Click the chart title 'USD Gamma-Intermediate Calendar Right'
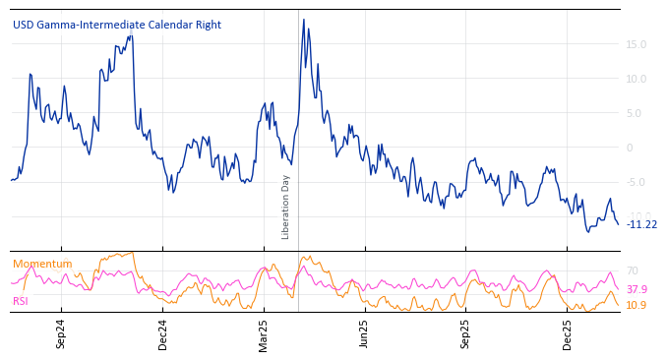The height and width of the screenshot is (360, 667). tap(117, 26)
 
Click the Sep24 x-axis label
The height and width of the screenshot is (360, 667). tap(61, 333)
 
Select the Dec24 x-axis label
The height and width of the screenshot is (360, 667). tap(163, 333)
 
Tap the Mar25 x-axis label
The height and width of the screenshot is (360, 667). tap(264, 333)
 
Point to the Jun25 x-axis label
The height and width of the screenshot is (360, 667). tap(364, 333)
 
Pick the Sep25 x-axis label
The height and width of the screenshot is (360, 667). tap(465, 333)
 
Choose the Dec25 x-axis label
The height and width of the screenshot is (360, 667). tap(568, 333)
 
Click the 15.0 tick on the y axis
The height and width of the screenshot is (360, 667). tap(636, 44)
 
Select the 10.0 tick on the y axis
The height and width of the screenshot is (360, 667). tap(636, 79)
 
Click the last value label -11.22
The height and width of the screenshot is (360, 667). tap(641, 224)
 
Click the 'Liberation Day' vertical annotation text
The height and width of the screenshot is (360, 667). tap(286, 207)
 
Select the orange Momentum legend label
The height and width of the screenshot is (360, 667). tap(42, 264)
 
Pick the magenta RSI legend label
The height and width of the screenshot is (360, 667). tap(21, 301)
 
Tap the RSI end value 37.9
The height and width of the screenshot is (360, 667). tap(637, 289)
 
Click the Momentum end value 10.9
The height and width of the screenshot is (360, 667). tap(637, 305)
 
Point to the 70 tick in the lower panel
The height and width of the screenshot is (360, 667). tap(632, 270)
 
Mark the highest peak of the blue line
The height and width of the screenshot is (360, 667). tap(303, 20)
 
